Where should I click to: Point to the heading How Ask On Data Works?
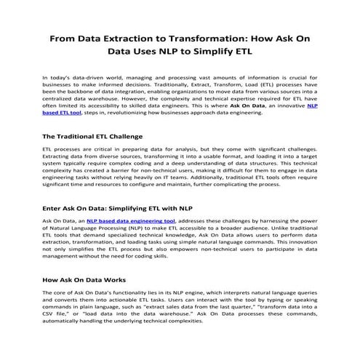click(x=84, y=280)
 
